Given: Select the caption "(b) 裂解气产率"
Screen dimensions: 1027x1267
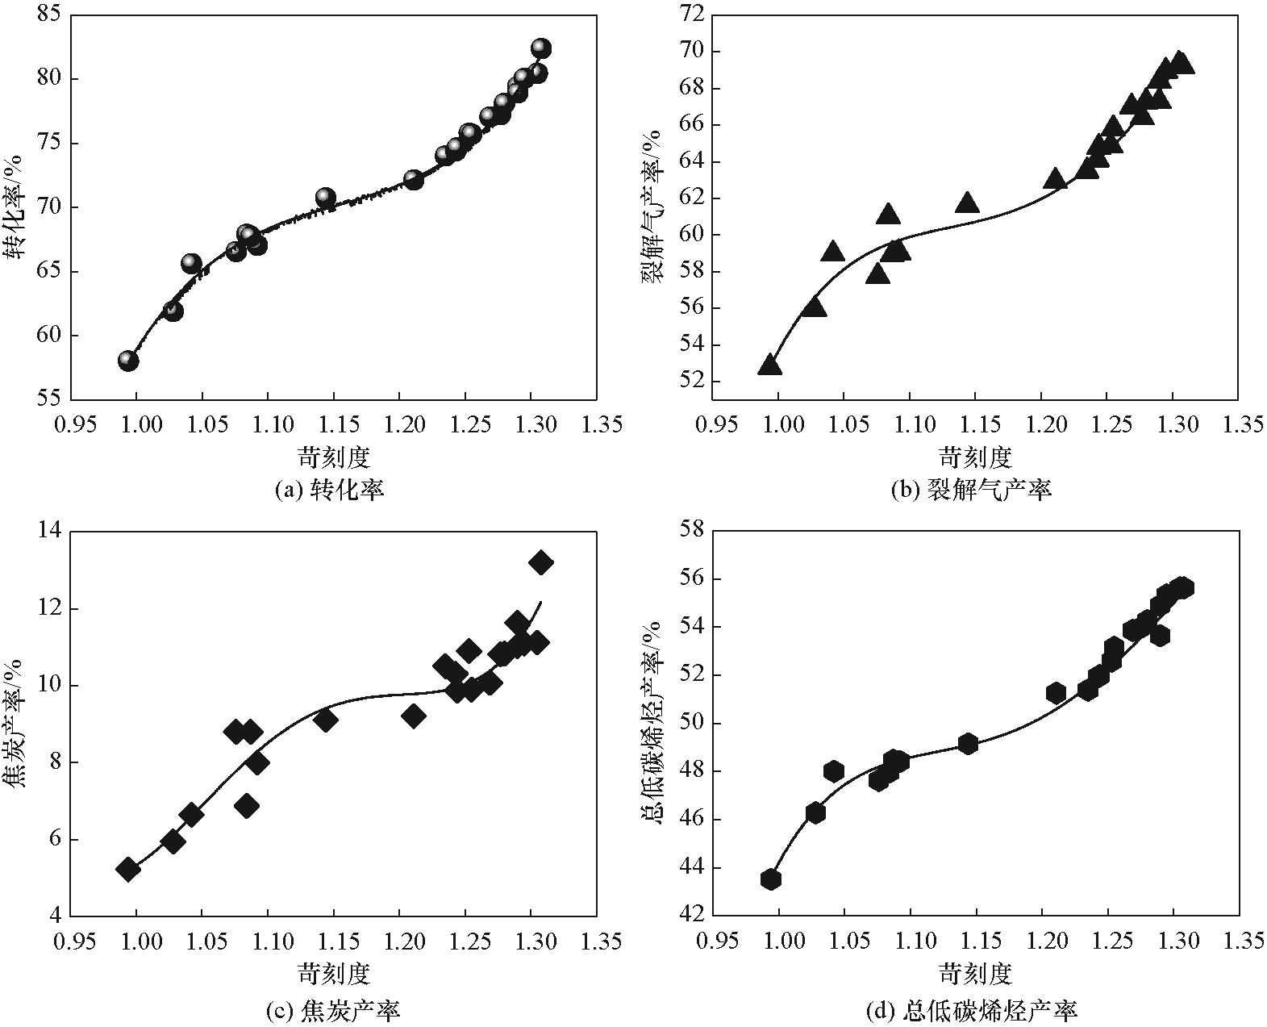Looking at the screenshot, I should (x=971, y=491).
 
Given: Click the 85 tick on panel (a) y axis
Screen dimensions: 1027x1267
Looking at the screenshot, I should (x=50, y=15).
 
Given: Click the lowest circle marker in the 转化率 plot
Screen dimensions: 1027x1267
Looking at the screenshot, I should (x=128, y=361).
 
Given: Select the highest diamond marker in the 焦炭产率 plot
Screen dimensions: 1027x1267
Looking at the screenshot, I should (x=540, y=562).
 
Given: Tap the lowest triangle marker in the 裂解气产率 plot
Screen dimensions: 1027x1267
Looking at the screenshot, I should (x=770, y=365).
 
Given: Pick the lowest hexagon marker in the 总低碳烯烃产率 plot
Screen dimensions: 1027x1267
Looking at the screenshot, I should (x=770, y=879).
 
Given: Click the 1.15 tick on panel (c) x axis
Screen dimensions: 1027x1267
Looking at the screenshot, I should (x=332, y=941).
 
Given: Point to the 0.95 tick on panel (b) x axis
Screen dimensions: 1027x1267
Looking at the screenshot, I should (x=717, y=424).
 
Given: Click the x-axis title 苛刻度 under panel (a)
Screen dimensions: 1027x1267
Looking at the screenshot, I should (x=333, y=457).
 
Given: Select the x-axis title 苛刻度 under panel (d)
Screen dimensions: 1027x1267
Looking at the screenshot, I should (x=974, y=974).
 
